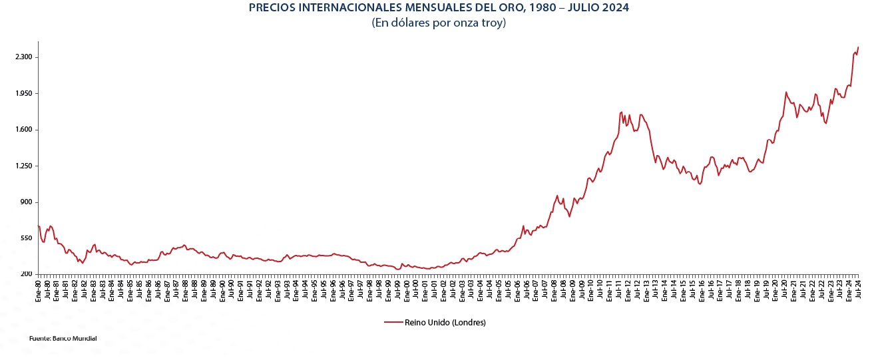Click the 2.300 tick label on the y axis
[x=23, y=57]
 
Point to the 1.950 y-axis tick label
[x=23, y=94]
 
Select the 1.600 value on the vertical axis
[x=23, y=130]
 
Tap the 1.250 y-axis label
[x=23, y=166]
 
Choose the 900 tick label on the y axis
[x=27, y=202]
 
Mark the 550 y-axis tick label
[x=27, y=238]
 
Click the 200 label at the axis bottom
[x=27, y=274]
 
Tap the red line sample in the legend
[x=393, y=323]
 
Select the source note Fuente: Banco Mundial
[x=63, y=339]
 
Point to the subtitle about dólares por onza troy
[x=439, y=23]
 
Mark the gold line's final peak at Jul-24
[x=858, y=47]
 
